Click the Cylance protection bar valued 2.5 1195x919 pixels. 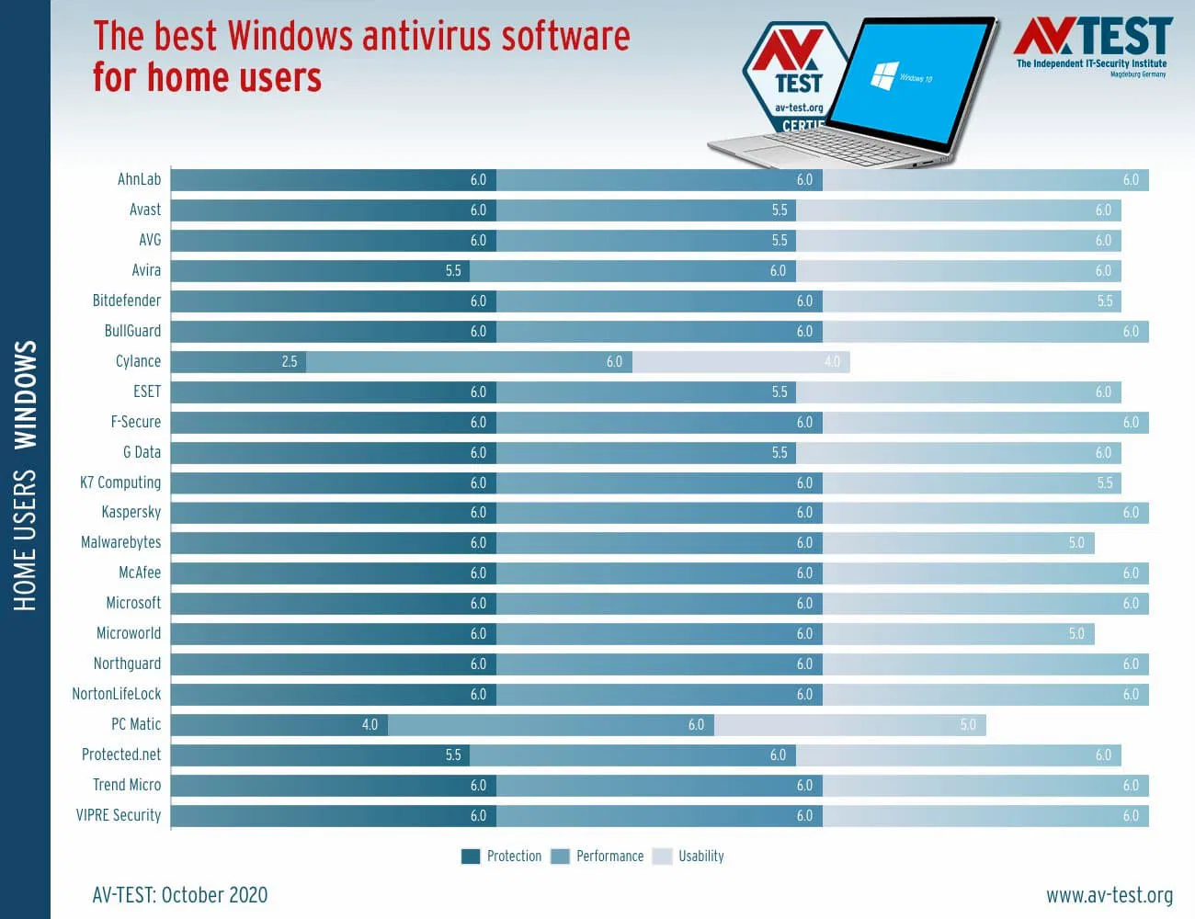tap(238, 362)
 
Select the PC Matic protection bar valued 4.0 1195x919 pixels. tap(279, 725)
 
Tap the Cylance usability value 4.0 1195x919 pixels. tap(832, 362)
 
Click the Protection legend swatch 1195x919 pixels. tap(471, 857)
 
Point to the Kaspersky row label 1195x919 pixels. tap(131, 513)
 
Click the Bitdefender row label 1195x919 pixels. tap(126, 301)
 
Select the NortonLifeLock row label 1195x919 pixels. tap(116, 695)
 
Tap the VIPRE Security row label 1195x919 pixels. tap(118, 816)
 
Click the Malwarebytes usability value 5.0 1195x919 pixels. tap(1076, 543)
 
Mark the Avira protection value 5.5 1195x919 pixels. tap(453, 271)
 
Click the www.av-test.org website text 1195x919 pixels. tap(1109, 895)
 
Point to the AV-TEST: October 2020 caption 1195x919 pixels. tap(180, 895)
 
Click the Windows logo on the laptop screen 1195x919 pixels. tap(883, 75)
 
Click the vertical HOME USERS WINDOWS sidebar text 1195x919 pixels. tap(25, 475)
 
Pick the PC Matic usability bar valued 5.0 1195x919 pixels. tap(849, 725)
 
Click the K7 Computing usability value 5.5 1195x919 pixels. tap(1104, 483)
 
